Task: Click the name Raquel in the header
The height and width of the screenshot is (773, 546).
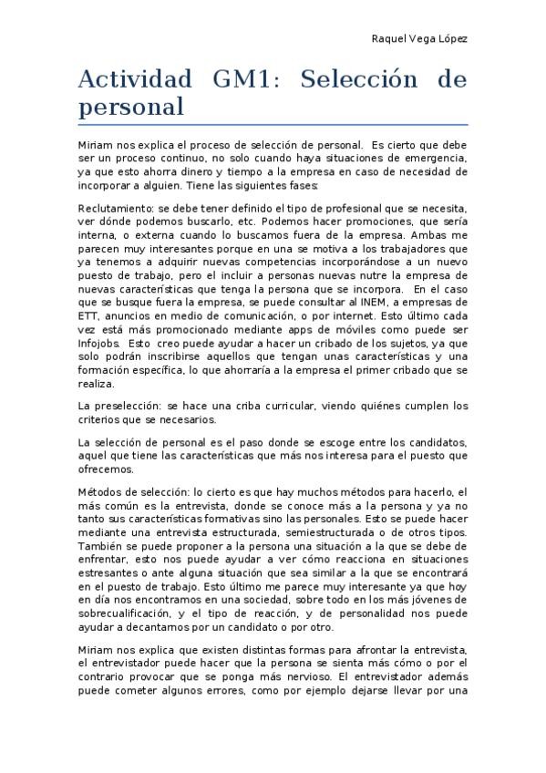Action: [x=388, y=39]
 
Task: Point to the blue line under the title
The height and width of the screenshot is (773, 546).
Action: [x=273, y=123]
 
